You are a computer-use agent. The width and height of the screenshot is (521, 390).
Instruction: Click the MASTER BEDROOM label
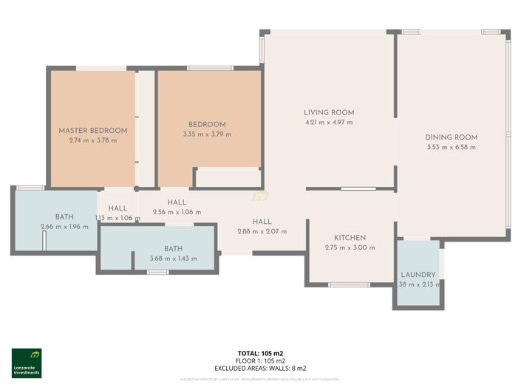pyautogui.click(x=93, y=131)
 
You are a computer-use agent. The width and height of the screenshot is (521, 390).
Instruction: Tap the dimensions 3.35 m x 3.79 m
pyautogui.click(x=207, y=134)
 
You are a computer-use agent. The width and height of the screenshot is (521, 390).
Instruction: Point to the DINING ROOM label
pyautogui.click(x=451, y=137)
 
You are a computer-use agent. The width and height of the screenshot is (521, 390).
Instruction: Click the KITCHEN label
pyautogui.click(x=350, y=238)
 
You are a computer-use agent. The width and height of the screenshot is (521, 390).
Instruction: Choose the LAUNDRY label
pyautogui.click(x=418, y=276)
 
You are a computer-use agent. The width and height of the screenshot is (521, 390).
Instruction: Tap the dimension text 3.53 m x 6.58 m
pyautogui.click(x=451, y=147)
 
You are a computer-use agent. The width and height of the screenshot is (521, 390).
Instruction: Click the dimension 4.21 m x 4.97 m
pyautogui.click(x=328, y=123)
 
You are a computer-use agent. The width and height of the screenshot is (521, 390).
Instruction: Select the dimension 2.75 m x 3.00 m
pyautogui.click(x=350, y=247)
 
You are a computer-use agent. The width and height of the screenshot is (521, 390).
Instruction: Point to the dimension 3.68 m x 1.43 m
pyautogui.click(x=174, y=259)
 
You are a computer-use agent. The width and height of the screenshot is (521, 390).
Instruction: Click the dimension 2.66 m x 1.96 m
pyautogui.click(x=64, y=227)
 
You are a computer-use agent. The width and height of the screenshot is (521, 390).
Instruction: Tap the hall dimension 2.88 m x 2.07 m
pyautogui.click(x=262, y=231)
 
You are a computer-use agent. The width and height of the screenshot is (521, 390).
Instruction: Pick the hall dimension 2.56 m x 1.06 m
pyautogui.click(x=177, y=212)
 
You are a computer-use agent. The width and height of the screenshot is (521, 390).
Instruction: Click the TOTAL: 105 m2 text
pyautogui.click(x=260, y=353)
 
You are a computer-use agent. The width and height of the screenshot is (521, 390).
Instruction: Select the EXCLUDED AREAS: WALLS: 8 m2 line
pyautogui.click(x=260, y=367)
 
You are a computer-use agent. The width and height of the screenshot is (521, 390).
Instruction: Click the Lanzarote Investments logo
pyautogui.click(x=27, y=363)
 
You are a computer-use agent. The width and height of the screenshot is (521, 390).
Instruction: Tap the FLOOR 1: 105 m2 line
pyautogui.click(x=260, y=360)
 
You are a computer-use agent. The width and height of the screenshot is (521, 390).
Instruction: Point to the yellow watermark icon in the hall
pyautogui.click(x=259, y=196)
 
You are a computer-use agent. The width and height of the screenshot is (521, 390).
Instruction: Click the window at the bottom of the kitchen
pyautogui.click(x=349, y=284)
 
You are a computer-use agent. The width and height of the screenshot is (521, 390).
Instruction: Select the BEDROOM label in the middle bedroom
pyautogui.click(x=207, y=125)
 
